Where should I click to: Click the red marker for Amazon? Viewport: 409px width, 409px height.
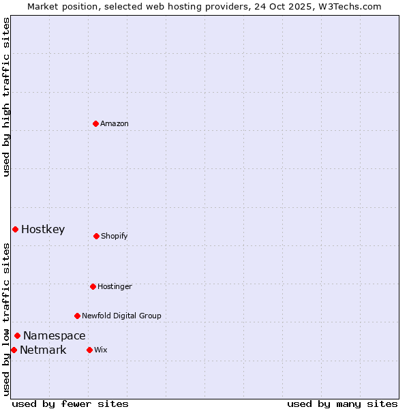click(95, 123)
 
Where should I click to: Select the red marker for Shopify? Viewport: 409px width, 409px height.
click(96, 236)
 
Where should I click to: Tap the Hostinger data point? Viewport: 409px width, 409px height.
click(93, 286)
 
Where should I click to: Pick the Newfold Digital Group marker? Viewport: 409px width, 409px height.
click(77, 316)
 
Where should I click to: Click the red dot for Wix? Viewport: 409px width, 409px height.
click(89, 350)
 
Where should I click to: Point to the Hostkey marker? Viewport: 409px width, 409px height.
click(15, 229)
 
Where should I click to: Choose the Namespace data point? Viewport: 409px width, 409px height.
click(17, 335)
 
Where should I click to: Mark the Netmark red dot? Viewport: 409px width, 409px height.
click(14, 350)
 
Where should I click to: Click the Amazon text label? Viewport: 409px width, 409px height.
click(115, 123)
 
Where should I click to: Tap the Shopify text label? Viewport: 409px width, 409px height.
click(115, 236)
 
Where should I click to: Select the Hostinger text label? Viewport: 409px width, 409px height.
click(115, 286)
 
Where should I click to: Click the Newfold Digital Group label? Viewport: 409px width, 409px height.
click(121, 316)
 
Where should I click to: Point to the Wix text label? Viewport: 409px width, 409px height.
click(101, 350)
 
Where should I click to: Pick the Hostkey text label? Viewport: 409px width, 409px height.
click(43, 229)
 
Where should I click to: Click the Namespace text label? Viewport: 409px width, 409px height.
click(55, 335)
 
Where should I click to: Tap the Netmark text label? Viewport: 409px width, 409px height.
click(43, 350)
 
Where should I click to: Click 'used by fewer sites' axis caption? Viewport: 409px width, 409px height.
click(70, 404)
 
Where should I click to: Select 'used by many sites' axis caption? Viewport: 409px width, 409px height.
click(342, 404)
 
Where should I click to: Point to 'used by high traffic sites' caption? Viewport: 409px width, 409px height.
click(6, 97)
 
